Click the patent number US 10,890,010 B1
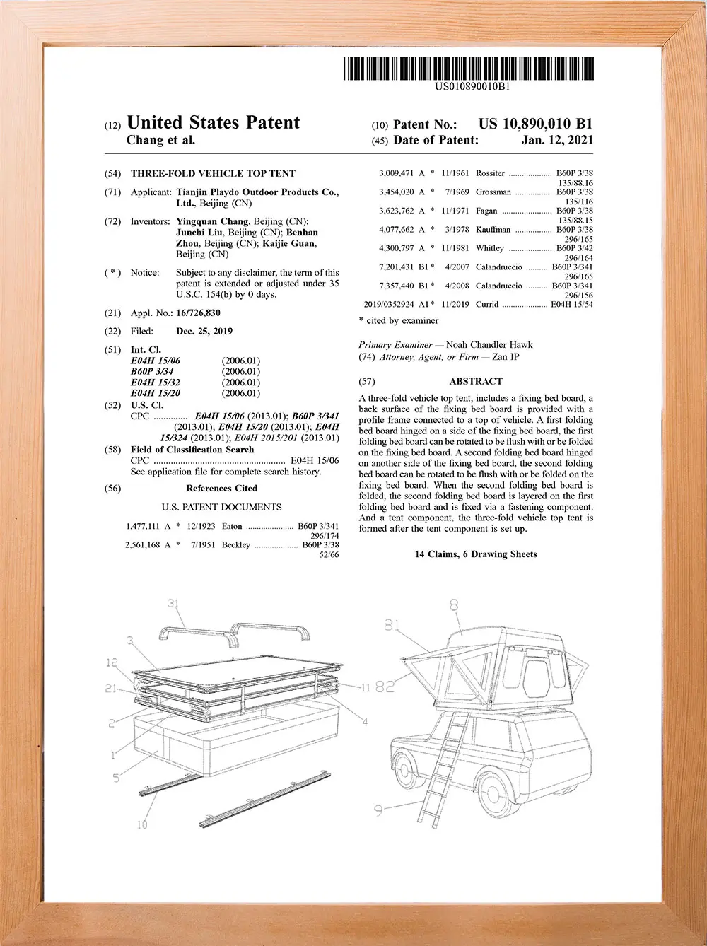click(535, 124)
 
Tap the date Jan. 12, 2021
click(557, 140)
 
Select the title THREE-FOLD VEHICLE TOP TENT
click(213, 173)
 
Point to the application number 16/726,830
click(198, 313)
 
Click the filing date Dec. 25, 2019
click(204, 331)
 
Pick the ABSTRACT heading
click(475, 381)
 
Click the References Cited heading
click(221, 488)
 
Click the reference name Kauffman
click(493, 230)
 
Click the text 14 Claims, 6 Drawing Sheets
click(475, 554)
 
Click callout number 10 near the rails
click(142, 824)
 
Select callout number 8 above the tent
click(454, 604)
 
